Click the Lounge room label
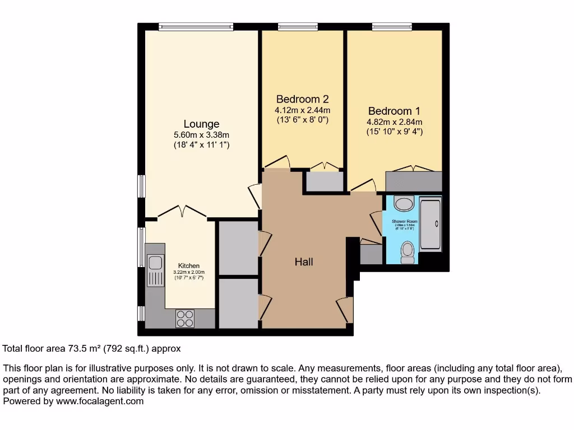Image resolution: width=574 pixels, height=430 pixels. point(201,124)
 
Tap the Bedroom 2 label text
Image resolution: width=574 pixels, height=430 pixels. point(302,99)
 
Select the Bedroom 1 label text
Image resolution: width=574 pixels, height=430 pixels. point(394,111)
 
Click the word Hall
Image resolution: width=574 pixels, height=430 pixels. point(304,261)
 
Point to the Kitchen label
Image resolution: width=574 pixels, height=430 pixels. point(189,265)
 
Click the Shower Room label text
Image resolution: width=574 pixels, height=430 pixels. point(404,222)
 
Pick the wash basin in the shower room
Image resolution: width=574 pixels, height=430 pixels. point(404,203)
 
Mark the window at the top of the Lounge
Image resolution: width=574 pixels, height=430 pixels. point(196,26)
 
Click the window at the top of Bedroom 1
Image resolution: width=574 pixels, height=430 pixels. point(391,26)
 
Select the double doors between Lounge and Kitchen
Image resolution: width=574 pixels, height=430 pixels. point(181,211)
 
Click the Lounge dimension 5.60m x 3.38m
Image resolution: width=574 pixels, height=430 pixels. point(201,134)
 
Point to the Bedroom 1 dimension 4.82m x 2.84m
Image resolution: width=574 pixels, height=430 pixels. point(394,121)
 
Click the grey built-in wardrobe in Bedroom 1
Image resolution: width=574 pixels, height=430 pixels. point(414,181)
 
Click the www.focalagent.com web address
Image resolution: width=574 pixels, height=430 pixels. point(99,401)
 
